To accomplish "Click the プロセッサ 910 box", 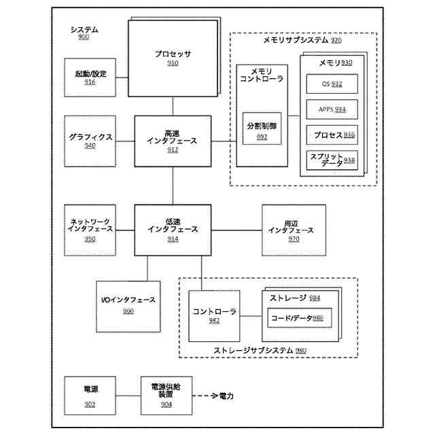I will pos(173,59).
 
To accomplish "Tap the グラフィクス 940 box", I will pos(90,141).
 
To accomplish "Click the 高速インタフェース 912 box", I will pos(173,141).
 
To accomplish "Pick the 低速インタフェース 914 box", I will pos(173,230).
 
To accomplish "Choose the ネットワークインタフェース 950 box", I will pos(90,230).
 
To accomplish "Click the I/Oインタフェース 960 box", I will pos(128,304).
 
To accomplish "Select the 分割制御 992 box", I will pos(262,131).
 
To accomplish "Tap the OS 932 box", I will pos(332,84).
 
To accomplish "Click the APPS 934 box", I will pos(332,109).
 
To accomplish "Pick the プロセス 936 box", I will pos(332,135).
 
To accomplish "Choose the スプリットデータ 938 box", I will pos(332,160).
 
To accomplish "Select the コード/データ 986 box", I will pos(296,318).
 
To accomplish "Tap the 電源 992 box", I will pos(90,394).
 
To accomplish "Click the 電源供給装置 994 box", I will pos(167,394).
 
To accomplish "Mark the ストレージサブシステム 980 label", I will pos(260,351).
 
